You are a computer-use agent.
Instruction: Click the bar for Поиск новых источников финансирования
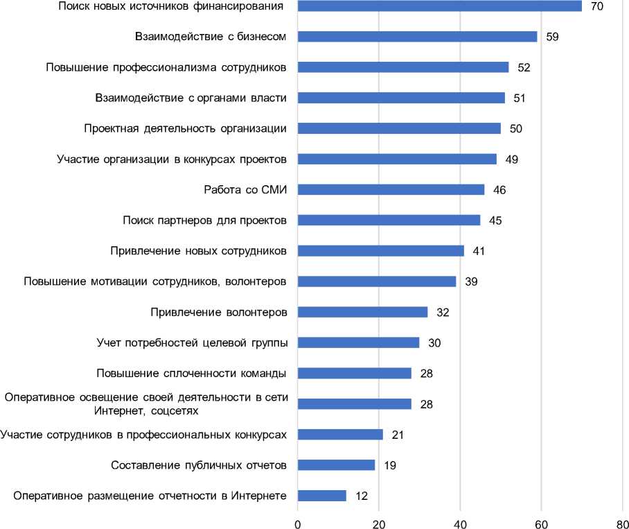coord(439,6)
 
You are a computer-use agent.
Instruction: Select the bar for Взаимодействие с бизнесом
coord(417,37)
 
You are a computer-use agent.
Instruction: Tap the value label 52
coord(524,67)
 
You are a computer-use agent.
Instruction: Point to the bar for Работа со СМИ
coord(391,189)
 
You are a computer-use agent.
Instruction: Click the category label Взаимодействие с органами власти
coord(191,98)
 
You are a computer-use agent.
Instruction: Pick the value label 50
coord(516,128)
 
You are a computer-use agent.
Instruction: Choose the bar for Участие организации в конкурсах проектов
coord(397,159)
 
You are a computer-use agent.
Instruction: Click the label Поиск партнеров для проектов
coord(204,220)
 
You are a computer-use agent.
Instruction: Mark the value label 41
coord(479,250)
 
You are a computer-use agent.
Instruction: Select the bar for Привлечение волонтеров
coord(362,312)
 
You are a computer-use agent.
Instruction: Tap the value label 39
coord(472,281)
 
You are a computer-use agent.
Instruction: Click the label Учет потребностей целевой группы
coord(192,342)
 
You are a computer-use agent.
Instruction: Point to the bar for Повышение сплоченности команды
coord(354,373)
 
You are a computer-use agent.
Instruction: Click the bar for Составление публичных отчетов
coord(336,465)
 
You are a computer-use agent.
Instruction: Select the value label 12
coord(362,495)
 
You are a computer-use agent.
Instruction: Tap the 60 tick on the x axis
coord(541,523)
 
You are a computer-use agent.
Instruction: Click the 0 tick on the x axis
coord(298,523)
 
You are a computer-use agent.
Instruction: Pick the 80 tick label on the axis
coord(621,523)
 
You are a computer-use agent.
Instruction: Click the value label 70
coord(597,6)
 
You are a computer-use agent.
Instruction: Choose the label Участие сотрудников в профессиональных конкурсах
coord(143,434)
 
